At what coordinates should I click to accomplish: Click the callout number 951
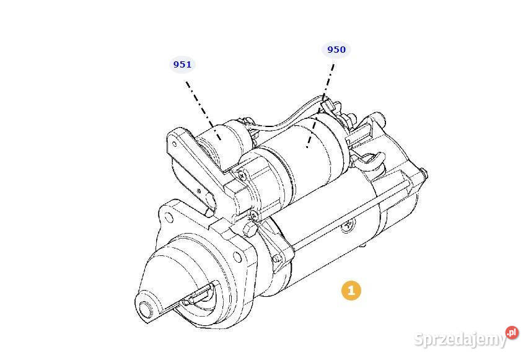[x=182, y=64]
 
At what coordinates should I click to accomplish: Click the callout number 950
[x=336, y=50]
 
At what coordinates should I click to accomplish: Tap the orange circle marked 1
[x=351, y=290]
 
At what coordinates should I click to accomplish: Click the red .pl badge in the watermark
[x=512, y=332]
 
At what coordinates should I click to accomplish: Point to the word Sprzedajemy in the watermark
[x=460, y=339]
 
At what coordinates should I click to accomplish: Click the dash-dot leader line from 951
[x=203, y=110]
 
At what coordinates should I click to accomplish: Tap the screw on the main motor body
[x=348, y=225]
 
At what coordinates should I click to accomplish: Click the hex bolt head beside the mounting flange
[x=250, y=229]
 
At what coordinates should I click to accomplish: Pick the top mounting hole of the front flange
[x=169, y=217]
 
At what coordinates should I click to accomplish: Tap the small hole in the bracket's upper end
[x=174, y=144]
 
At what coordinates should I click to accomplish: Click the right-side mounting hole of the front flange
[x=238, y=258]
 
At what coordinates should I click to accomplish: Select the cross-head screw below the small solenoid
[x=242, y=175]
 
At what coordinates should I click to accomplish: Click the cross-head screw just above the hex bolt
[x=255, y=214]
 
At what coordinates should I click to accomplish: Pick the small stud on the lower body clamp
[x=277, y=259]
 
